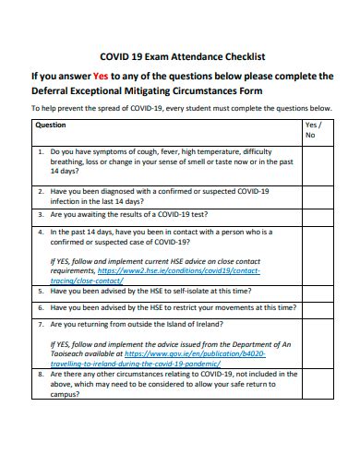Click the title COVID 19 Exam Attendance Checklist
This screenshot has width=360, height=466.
point(182,56)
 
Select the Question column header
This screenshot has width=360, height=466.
point(50,125)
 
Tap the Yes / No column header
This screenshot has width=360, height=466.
point(313,129)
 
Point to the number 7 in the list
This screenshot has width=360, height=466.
point(41,325)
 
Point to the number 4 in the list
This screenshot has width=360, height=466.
point(41,233)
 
